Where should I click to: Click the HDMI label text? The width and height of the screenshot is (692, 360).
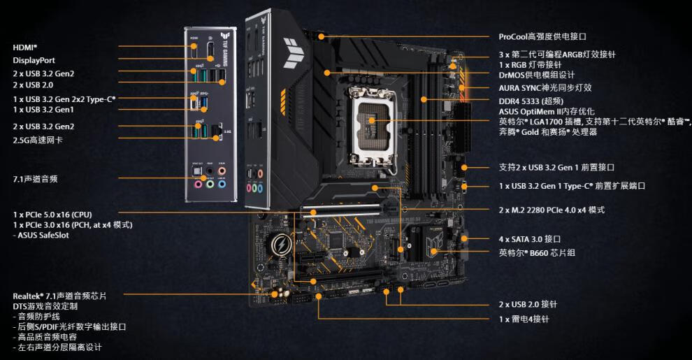coord(25,47)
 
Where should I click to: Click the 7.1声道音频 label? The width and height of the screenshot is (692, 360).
coord(35,179)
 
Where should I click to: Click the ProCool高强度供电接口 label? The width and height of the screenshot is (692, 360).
coord(542,36)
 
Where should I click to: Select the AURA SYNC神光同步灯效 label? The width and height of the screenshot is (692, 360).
coord(545,87)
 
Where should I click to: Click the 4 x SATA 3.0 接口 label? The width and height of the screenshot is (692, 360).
coord(530,238)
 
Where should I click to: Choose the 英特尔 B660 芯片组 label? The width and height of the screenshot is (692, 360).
coord(537,252)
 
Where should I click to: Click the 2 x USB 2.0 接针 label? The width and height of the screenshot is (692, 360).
coord(528,305)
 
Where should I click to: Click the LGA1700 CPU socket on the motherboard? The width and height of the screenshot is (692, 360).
coord(373,120)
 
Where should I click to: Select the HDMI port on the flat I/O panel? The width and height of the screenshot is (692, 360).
coord(193,52)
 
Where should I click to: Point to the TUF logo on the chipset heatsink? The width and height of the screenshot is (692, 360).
coord(433,245)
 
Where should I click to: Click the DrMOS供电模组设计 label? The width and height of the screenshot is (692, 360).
coord(537,75)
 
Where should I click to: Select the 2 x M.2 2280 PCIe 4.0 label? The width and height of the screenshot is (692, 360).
coord(552,210)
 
